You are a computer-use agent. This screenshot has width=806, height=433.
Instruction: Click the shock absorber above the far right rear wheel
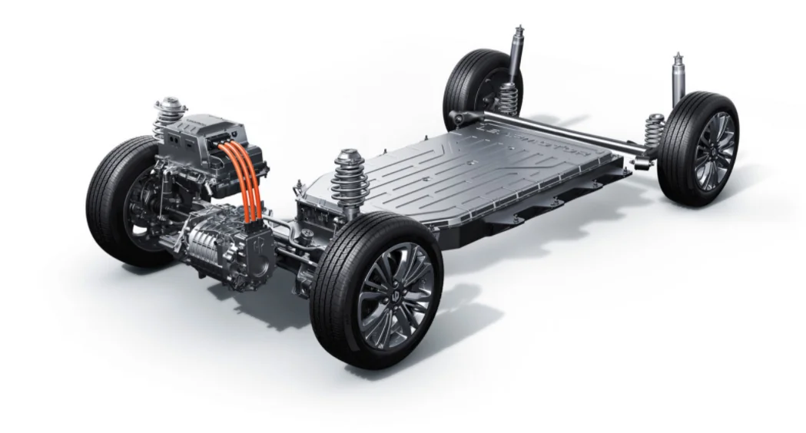tap(678, 81)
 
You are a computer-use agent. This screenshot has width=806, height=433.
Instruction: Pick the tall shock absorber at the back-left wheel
tap(516, 58)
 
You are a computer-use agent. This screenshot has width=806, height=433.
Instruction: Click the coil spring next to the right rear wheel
tap(655, 131)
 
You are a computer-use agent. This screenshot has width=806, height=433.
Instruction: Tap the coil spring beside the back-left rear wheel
tap(507, 98)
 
